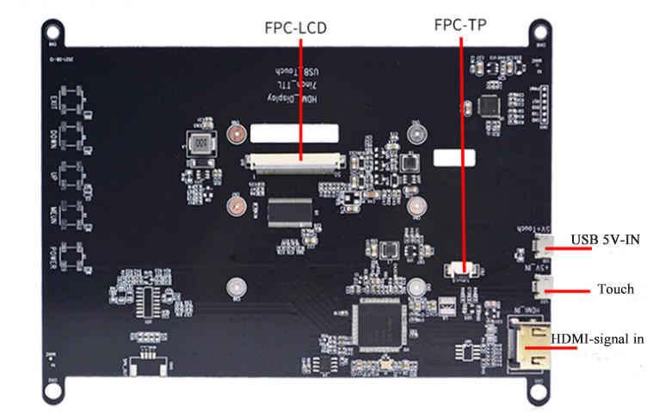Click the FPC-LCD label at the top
click(295, 28)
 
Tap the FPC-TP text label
click(459, 25)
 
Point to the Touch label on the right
click(615, 289)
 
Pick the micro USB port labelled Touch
click(543, 287)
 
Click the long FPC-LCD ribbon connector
click(294, 159)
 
